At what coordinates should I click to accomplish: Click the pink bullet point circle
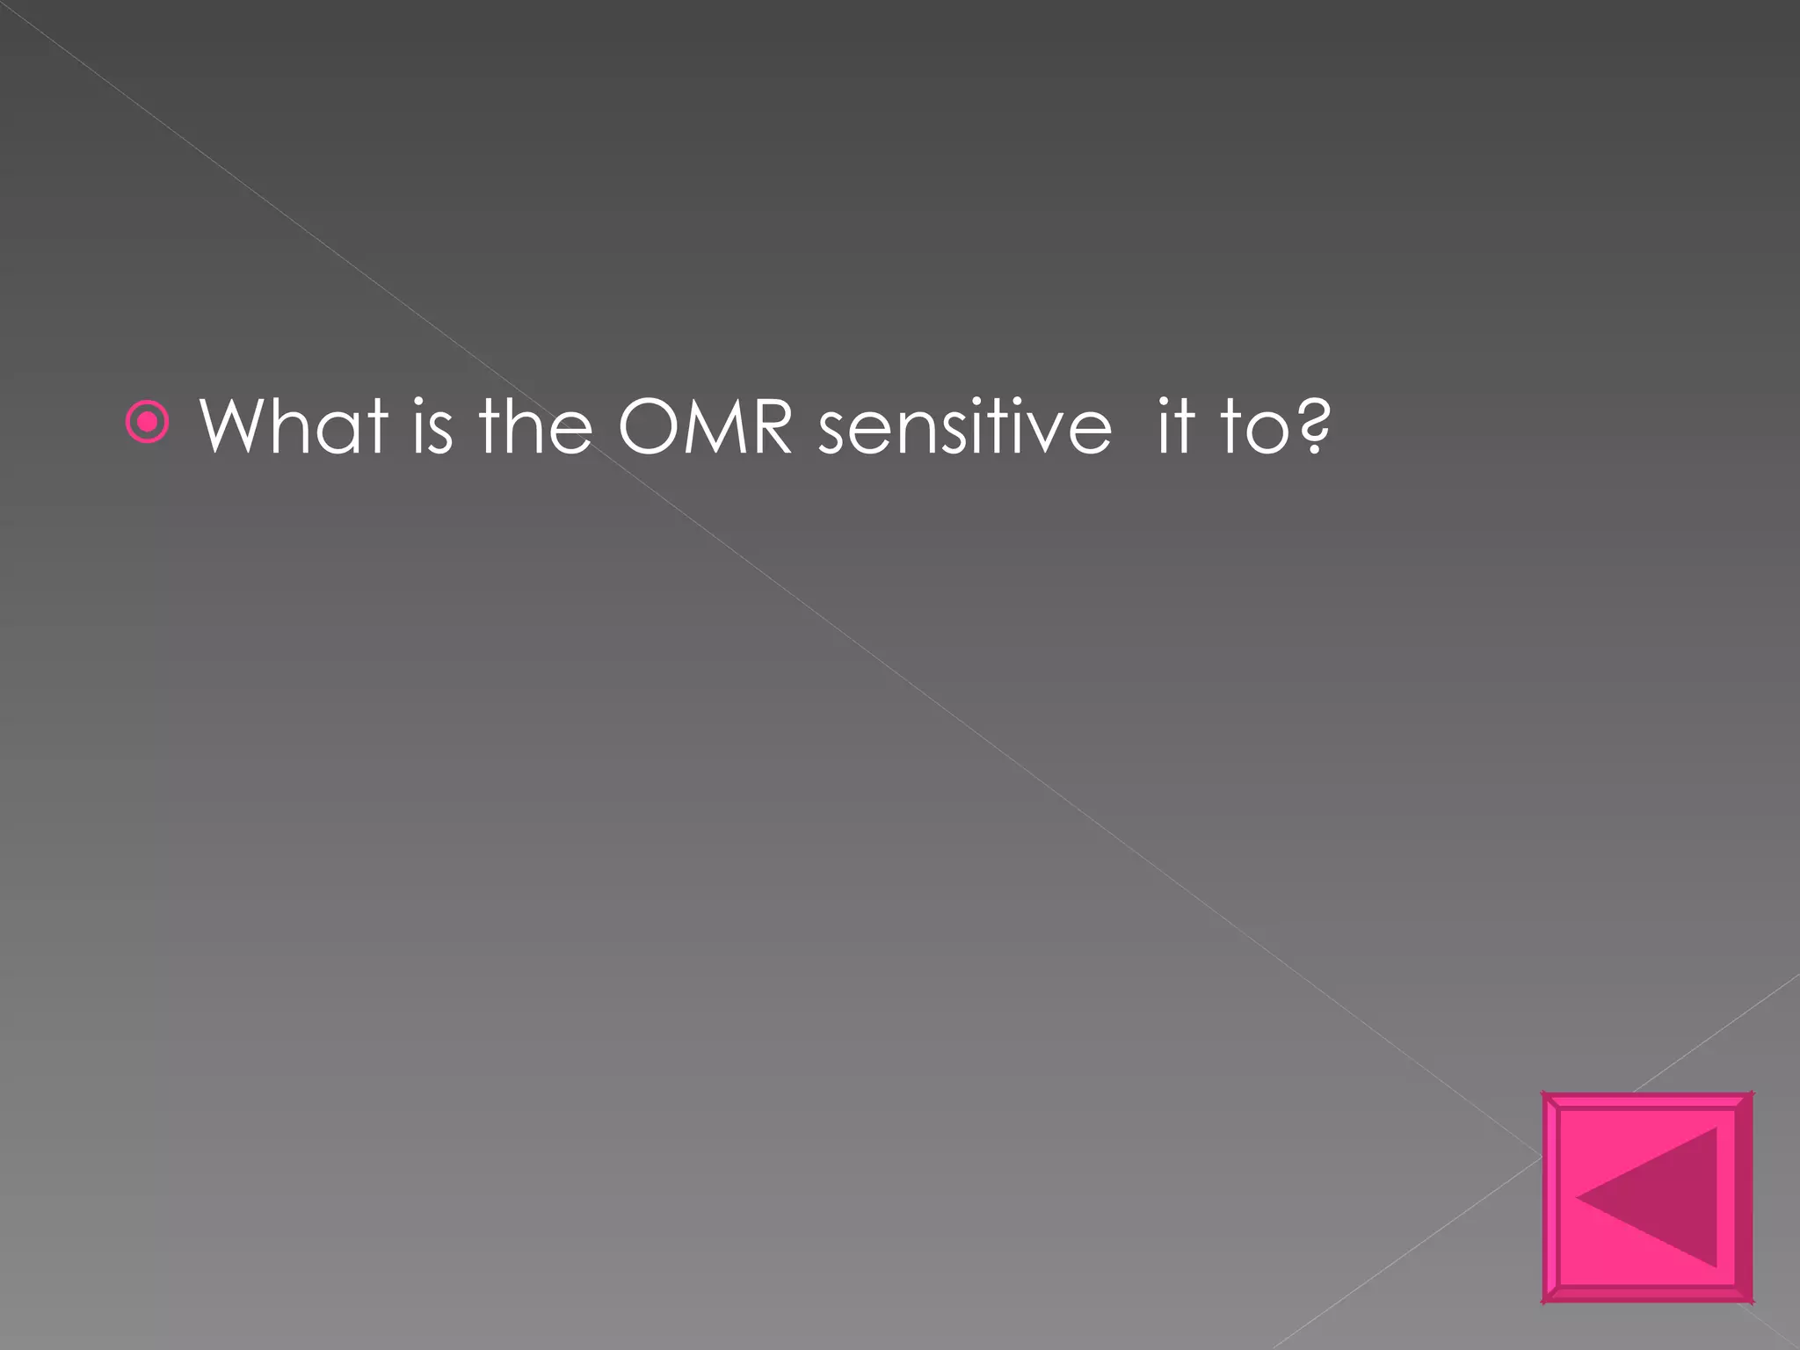pos(148,425)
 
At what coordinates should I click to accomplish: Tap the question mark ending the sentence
pos(1314,426)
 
